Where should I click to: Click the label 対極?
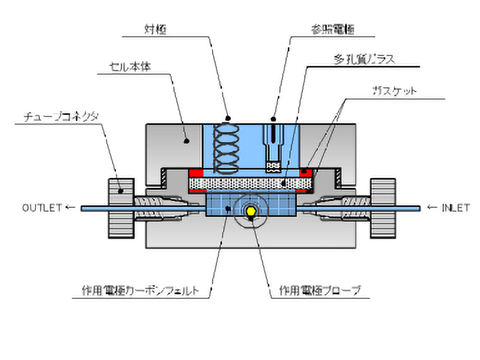pyautogui.click(x=155, y=30)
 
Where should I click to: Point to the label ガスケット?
pyautogui.click(x=394, y=91)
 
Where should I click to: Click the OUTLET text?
pyautogui.click(x=42, y=208)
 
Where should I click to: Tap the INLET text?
pyautogui.click(x=456, y=208)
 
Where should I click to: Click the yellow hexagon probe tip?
pyautogui.click(x=250, y=211)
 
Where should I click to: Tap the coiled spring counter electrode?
pyautogui.click(x=226, y=145)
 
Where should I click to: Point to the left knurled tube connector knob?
pyautogui.click(x=121, y=208)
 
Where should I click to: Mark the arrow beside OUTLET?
pyautogui.click(x=71, y=208)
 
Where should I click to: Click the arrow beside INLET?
pyautogui.click(x=432, y=208)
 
